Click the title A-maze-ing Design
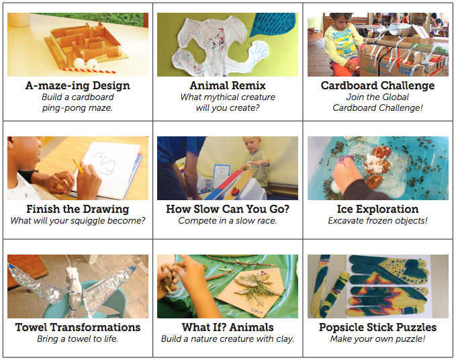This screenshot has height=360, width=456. click(77, 86)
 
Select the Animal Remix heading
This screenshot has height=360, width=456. click(228, 86)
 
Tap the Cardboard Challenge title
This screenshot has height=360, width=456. click(377, 86)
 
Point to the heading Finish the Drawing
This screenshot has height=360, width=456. click(77, 210)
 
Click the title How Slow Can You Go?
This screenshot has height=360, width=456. click(228, 210)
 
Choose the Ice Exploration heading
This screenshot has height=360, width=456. click(377, 210)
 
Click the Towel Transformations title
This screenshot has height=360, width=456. click(77, 328)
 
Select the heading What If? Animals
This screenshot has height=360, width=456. click(228, 328)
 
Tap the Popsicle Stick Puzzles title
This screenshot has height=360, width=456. click(377, 328)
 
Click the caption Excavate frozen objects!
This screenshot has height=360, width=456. click(377, 221)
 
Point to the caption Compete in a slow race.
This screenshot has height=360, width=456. click(228, 221)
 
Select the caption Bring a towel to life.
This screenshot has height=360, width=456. click(77, 339)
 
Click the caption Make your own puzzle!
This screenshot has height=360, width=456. click(377, 339)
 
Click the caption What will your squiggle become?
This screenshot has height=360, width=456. click(77, 221)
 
